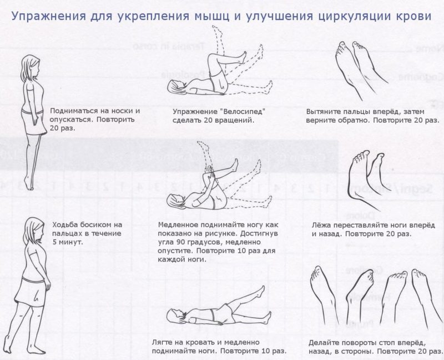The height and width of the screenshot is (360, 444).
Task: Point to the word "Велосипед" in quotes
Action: coord(240,111)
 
